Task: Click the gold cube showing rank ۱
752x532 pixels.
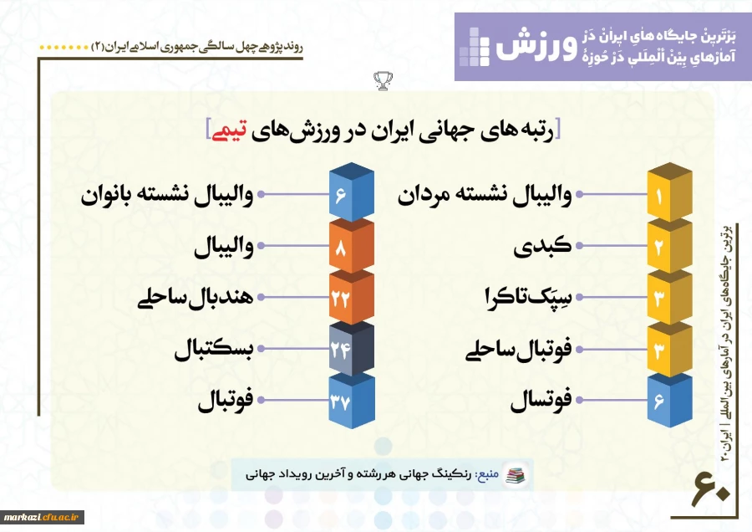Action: [x=669, y=192]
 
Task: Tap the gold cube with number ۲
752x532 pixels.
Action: [x=669, y=246]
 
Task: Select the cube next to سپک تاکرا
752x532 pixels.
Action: [x=669, y=297]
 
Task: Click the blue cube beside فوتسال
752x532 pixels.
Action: [x=669, y=400]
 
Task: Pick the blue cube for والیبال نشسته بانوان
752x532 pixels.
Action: [x=352, y=192]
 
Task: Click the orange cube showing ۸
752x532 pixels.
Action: [x=352, y=246]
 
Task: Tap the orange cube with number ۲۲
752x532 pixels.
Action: [x=352, y=297]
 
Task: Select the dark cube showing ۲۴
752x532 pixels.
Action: [x=352, y=349]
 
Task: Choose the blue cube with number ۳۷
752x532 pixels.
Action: [x=352, y=400]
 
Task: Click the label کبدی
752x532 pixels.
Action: [x=542, y=246]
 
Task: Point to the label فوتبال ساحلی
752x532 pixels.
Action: [x=518, y=350]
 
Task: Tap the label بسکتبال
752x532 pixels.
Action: [x=213, y=350]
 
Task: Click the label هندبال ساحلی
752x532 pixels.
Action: [x=196, y=298]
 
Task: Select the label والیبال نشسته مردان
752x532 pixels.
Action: [x=485, y=196]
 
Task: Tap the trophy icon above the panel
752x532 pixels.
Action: [x=383, y=80]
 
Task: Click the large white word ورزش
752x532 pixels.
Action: [x=536, y=46]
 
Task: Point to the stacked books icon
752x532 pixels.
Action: [x=516, y=475]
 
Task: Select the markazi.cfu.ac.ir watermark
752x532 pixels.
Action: [x=42, y=516]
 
